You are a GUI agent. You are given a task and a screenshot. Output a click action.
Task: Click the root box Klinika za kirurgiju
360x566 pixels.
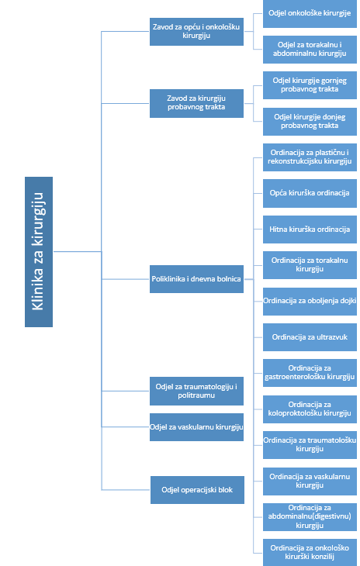point(39,251)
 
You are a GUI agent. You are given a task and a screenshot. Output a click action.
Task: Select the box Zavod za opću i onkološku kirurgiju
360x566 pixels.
point(196,32)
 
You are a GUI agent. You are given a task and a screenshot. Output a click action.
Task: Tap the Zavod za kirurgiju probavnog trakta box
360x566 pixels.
point(196,103)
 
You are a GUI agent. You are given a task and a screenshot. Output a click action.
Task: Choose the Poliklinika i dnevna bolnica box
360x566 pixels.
point(196,279)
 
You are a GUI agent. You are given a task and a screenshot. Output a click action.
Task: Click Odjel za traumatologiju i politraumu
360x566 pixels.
point(196,391)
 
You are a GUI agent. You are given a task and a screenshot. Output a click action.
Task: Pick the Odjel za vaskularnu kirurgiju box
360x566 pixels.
point(196,427)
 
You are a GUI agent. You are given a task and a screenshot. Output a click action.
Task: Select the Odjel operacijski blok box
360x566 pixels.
point(197,490)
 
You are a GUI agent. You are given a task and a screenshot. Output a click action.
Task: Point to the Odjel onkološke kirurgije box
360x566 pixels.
point(310,14)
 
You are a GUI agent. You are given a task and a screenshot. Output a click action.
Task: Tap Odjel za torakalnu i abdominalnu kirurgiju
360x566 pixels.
point(310,50)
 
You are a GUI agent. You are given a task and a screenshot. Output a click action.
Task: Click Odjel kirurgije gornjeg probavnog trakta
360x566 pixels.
point(310,85)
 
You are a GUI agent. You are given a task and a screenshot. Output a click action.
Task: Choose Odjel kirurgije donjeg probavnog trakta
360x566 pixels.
point(310,122)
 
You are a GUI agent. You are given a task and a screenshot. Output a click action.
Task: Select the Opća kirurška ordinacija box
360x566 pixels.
point(310,193)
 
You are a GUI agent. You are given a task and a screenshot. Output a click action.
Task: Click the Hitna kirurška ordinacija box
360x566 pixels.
point(310,230)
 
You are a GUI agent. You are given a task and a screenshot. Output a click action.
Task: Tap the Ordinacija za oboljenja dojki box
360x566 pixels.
point(310,302)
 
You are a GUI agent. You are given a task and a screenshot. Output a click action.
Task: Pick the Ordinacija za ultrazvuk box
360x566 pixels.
point(310,337)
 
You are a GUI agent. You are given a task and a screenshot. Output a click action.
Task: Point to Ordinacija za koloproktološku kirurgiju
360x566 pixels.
point(310,409)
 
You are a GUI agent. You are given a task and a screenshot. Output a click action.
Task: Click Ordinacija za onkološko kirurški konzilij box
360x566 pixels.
point(310,553)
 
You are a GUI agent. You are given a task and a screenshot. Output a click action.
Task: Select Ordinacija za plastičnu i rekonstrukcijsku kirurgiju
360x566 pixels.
point(310,157)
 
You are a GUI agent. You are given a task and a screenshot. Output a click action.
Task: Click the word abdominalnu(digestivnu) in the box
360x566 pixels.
point(310,516)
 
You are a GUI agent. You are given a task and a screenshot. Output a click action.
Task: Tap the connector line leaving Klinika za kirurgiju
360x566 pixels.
point(78,251)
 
